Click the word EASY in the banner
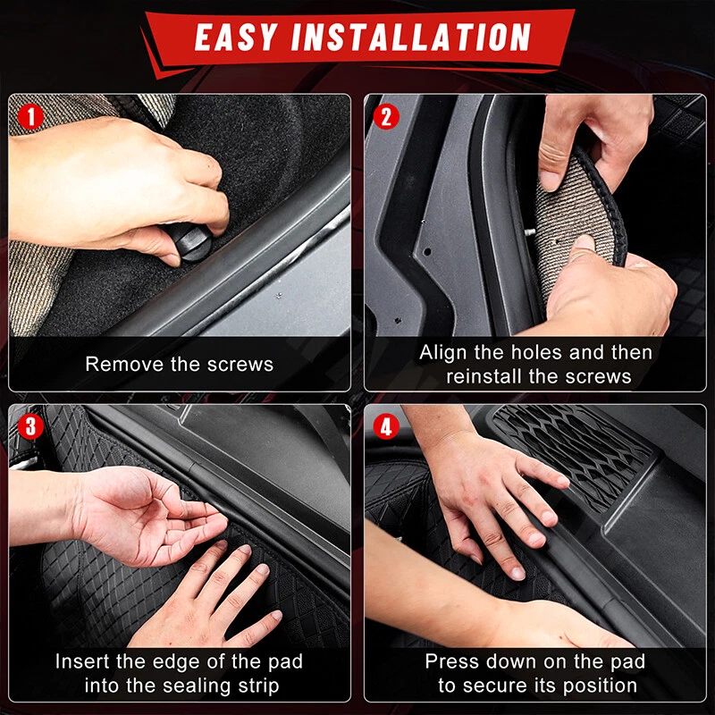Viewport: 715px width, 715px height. pyautogui.click(x=236, y=37)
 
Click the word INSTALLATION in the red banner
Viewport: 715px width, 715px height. pyautogui.click(x=411, y=37)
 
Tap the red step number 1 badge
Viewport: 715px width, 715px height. pyautogui.click(x=30, y=117)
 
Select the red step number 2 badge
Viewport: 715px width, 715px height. pyautogui.click(x=386, y=117)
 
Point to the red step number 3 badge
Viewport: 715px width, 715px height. pyautogui.click(x=30, y=426)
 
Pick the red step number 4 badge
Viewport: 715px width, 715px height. pyautogui.click(x=386, y=427)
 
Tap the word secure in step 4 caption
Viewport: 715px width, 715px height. pyautogui.click(x=496, y=686)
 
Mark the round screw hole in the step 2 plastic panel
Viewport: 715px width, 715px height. pyautogui.click(x=427, y=252)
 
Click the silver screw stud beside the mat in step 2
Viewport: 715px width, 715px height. pyautogui.click(x=530, y=232)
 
